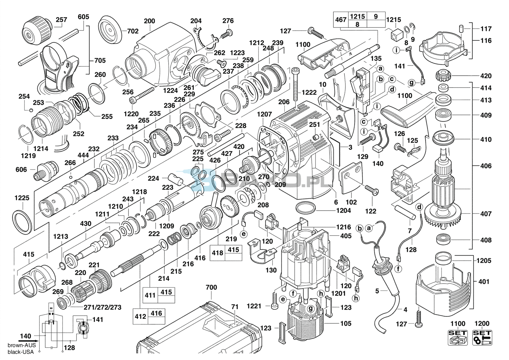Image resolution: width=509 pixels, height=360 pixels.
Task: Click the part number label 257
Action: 62,20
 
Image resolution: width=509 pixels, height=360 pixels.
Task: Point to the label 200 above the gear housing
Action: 150,21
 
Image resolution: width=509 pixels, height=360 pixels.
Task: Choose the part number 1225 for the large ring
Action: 22,198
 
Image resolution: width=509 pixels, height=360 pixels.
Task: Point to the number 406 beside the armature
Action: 486,166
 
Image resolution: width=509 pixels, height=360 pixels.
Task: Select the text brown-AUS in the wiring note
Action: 22,345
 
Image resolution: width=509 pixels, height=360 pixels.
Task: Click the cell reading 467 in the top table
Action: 341,20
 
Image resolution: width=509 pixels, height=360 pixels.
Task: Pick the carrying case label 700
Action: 211,287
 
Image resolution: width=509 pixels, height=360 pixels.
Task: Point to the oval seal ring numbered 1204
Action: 306,208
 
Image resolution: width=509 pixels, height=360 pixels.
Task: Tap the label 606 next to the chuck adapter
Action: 21,170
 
